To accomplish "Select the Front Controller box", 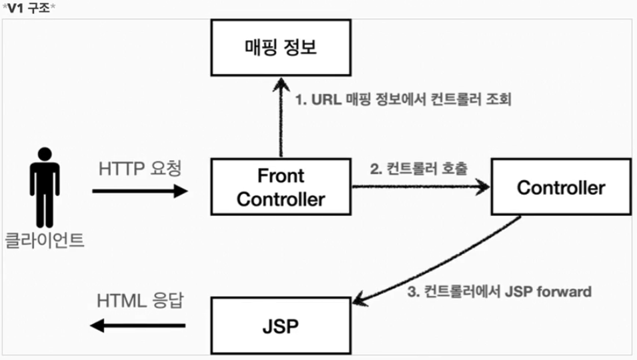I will [x=281, y=187].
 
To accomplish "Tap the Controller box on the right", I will [x=560, y=187].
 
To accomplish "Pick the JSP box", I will [x=281, y=326].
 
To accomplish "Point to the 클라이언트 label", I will [x=45, y=241].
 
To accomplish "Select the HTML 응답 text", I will [x=140, y=301].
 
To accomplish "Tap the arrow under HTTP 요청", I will [x=140, y=191].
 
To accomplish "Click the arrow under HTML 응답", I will [x=138, y=325].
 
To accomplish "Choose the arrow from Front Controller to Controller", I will [x=420, y=187].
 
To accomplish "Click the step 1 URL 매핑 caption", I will [x=404, y=101].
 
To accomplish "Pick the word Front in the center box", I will [x=281, y=176].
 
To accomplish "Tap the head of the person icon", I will [x=44, y=153].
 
